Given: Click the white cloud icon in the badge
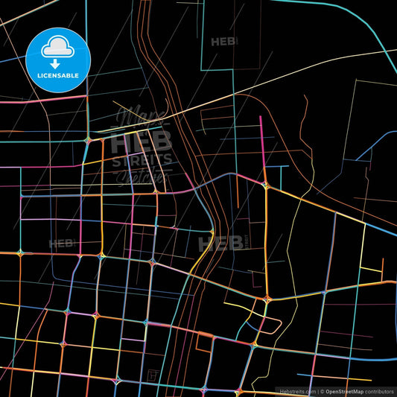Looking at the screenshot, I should [56, 46].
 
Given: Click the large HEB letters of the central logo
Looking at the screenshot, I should [142, 140].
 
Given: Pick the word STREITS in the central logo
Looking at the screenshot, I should [142, 159].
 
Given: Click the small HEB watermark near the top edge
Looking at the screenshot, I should [223, 42].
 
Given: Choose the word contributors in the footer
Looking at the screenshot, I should [379, 390].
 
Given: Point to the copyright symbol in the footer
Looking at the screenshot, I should [321, 390].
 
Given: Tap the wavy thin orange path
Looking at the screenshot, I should [305, 127].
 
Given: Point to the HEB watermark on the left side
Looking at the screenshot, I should [60, 244].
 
